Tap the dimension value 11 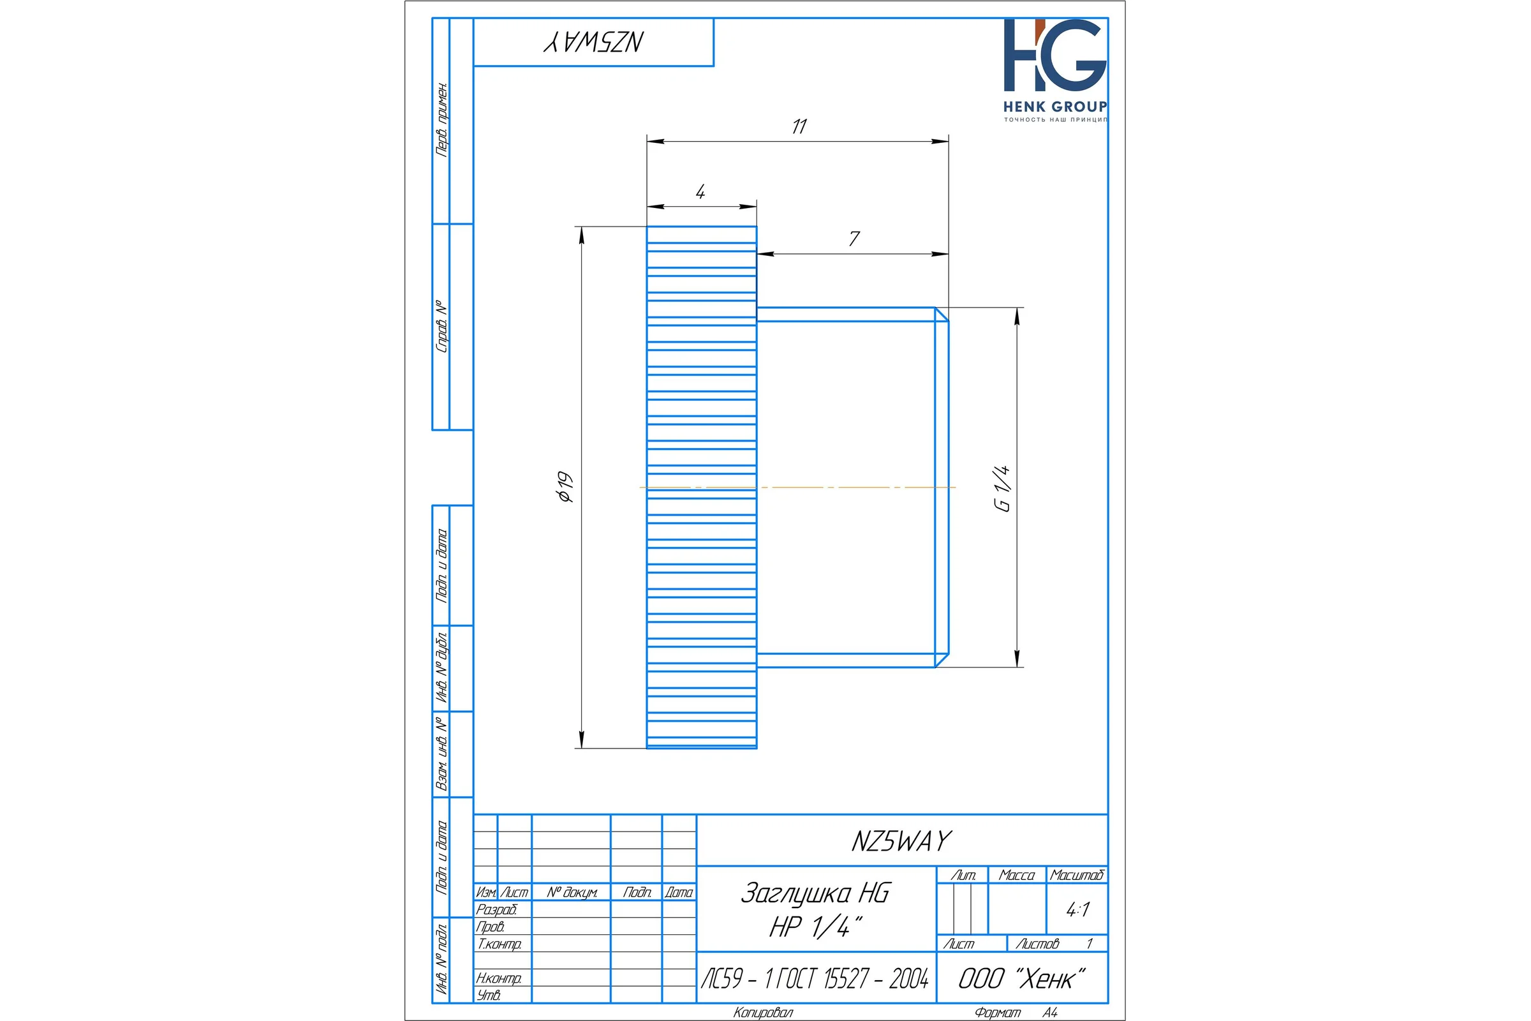point(799,126)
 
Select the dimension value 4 point(700,191)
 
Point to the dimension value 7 point(854,238)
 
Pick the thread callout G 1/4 point(1002,488)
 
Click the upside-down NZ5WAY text point(594,41)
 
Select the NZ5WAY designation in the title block point(901,841)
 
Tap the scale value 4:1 point(1078,910)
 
